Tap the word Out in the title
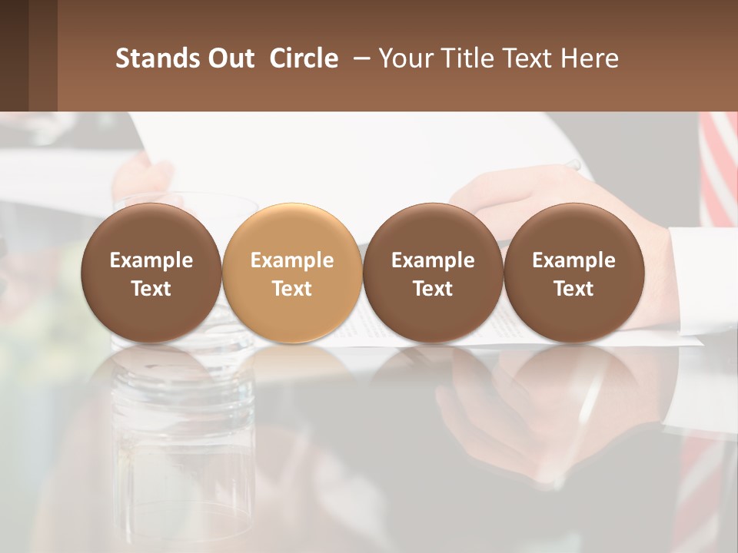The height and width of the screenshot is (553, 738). [222, 58]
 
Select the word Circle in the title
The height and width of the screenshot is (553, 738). [304, 58]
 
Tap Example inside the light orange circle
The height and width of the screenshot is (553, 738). [292, 260]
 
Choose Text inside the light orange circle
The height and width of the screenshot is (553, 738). [292, 289]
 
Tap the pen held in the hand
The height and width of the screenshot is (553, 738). [573, 164]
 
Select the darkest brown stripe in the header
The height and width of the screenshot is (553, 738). [14, 55]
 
